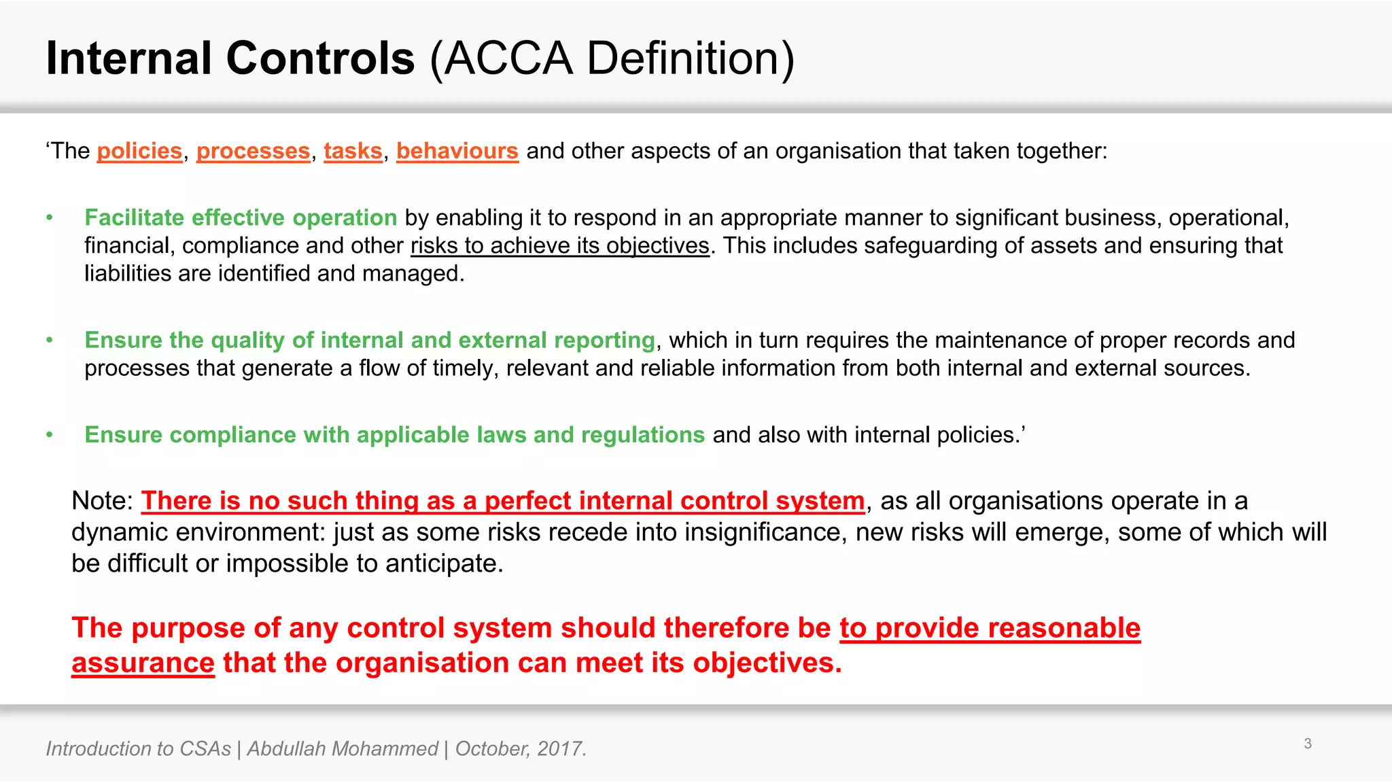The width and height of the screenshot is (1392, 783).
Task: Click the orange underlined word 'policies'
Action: tap(139, 151)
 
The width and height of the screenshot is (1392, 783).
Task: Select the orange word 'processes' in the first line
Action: tap(253, 151)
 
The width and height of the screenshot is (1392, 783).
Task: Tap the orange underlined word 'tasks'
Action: tap(353, 151)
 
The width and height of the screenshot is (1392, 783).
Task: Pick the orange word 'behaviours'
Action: tap(457, 151)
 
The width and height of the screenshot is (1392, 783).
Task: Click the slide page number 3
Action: tap(1308, 744)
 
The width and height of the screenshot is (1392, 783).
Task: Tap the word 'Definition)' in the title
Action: tap(690, 58)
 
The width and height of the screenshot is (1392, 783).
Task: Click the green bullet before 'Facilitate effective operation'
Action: tap(50, 217)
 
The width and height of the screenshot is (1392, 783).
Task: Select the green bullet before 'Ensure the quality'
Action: tap(50, 340)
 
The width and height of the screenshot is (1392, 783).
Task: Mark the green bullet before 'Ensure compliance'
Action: tap(50, 435)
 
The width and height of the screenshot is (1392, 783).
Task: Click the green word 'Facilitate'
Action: tap(134, 217)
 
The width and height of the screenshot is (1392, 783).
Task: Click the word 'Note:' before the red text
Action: tap(103, 501)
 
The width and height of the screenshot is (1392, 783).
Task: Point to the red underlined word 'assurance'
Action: tap(143, 663)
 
